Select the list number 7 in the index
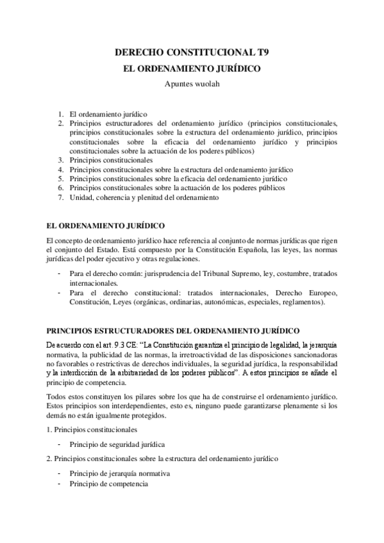point(60,198)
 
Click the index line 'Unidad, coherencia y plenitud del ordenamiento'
point(145,198)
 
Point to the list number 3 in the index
point(60,160)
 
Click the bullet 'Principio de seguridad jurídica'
point(118,444)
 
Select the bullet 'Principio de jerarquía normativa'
point(119,473)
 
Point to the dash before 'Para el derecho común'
point(60,273)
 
